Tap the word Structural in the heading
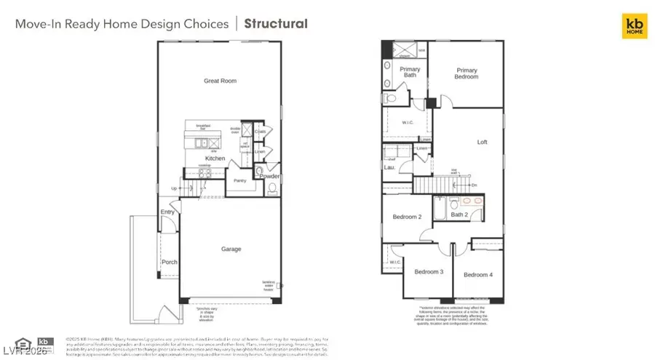(276, 23)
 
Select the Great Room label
(220, 81)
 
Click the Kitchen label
(215, 158)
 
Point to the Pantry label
(239, 180)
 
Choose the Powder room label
(269, 176)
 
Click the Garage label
(231, 249)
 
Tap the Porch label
(169, 262)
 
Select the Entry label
(168, 212)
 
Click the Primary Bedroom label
(466, 73)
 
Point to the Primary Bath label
(409, 72)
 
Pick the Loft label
(482, 143)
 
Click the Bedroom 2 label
(407, 217)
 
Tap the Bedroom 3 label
(429, 272)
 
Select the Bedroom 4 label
(478, 274)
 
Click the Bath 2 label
(459, 215)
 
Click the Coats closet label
(260, 132)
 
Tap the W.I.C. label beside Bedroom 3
(395, 262)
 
